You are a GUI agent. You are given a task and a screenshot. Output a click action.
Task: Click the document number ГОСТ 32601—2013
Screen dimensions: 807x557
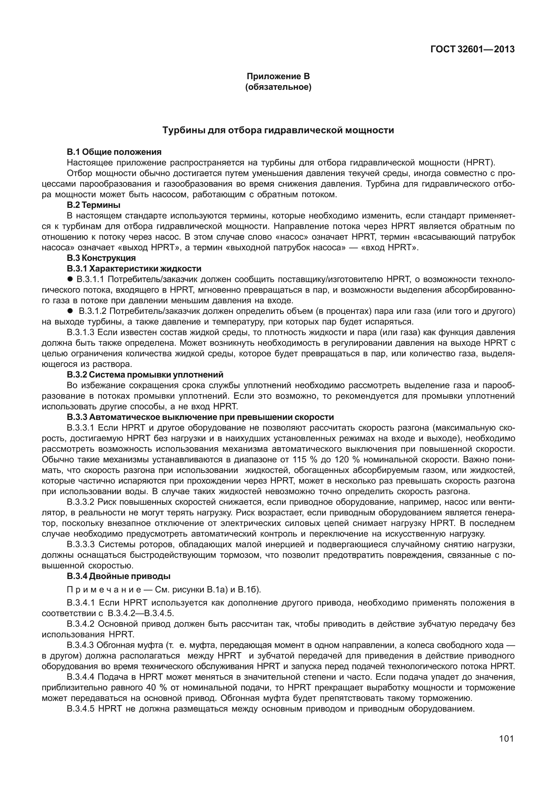click(472, 49)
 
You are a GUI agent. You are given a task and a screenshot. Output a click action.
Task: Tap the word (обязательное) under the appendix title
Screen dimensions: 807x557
click(278, 87)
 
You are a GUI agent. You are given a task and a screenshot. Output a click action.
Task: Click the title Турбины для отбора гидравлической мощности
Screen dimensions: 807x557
click(278, 130)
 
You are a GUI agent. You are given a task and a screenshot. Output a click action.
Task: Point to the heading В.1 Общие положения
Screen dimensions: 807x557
click(114, 152)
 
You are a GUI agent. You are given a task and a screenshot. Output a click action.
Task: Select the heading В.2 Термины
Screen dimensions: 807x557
click(93, 205)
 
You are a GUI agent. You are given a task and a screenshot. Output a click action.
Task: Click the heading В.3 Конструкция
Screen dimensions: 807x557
click(101, 258)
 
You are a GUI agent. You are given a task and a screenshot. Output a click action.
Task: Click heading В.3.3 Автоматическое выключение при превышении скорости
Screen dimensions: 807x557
click(200, 417)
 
